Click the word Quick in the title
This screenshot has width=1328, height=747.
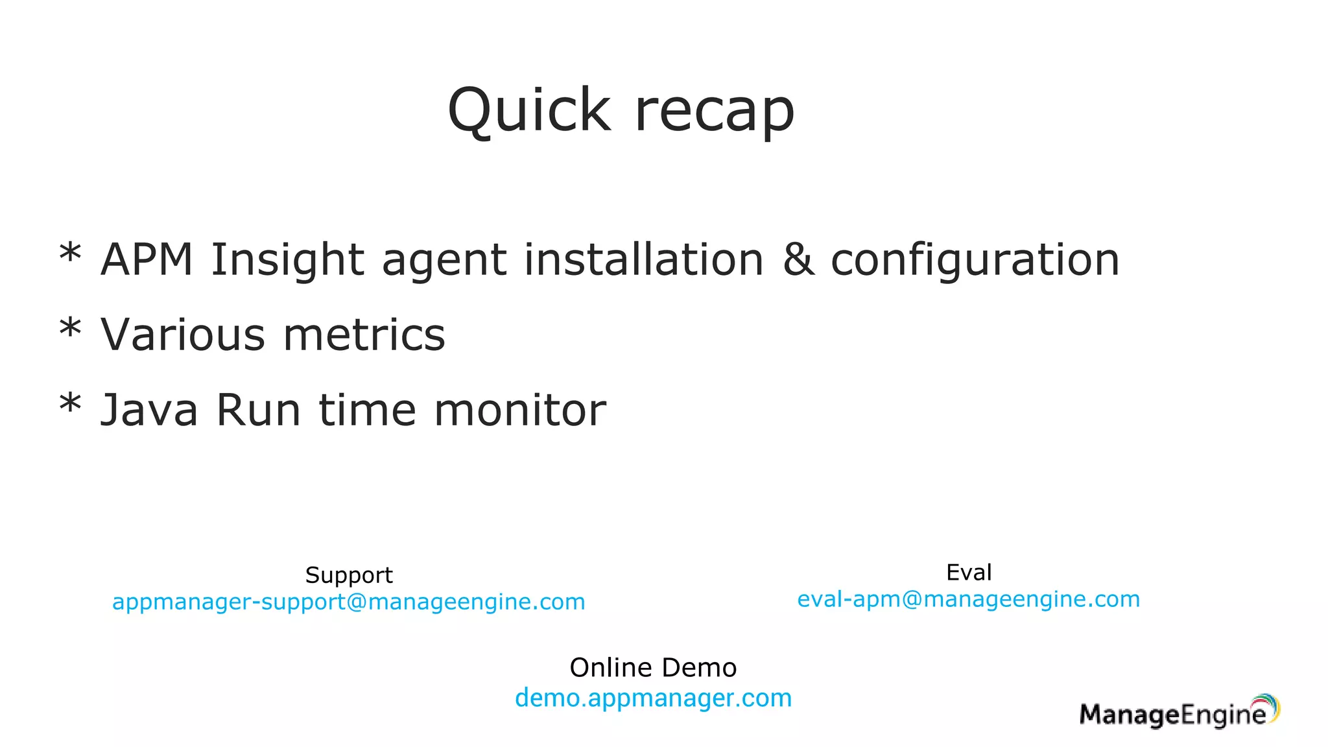tap(529, 110)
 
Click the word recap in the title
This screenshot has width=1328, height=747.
tap(714, 112)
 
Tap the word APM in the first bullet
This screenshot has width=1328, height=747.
tap(147, 259)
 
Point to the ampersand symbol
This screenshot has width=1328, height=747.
tap(798, 259)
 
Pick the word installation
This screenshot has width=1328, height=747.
tap(644, 259)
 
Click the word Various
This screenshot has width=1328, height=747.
tap(183, 335)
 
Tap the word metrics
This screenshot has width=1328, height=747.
tap(364, 335)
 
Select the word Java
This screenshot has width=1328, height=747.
tap(149, 410)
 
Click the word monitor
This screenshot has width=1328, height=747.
tap(520, 410)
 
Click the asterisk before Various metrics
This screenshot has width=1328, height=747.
tap(70, 328)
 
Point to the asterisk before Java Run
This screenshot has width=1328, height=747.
tap(70, 403)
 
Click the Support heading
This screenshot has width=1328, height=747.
tap(349, 575)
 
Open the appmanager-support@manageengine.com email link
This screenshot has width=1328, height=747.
tap(349, 602)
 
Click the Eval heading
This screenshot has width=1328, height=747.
tap(969, 573)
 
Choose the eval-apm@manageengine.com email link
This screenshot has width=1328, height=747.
tap(969, 599)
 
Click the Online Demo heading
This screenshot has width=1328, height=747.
tap(653, 668)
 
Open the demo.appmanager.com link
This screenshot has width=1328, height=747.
tap(653, 698)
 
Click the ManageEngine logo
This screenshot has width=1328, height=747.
tap(1180, 712)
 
